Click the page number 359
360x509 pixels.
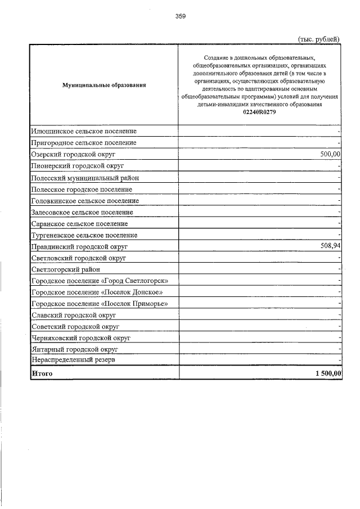pyautogui.click(x=180, y=16)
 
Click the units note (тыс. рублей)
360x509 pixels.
pyautogui.click(x=318, y=39)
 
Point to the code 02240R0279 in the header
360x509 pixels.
pyautogui.click(x=259, y=112)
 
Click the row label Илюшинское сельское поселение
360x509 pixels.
pyautogui.click(x=84, y=131)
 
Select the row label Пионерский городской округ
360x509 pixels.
pyautogui.click(x=78, y=166)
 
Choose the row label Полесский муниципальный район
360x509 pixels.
pyautogui.click(x=85, y=178)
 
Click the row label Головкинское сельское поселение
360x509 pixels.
pyautogui.click(x=85, y=201)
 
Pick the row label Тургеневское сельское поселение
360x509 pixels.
pyautogui.click(x=84, y=235)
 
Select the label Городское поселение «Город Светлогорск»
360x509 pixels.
pyautogui.click(x=100, y=281)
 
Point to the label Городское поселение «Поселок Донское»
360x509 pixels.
pyautogui.click(x=97, y=292)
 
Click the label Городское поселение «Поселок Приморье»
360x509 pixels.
pyautogui.click(x=100, y=304)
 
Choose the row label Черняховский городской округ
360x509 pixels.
pyautogui.click(x=81, y=339)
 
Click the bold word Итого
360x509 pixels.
pyautogui.click(x=42, y=373)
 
